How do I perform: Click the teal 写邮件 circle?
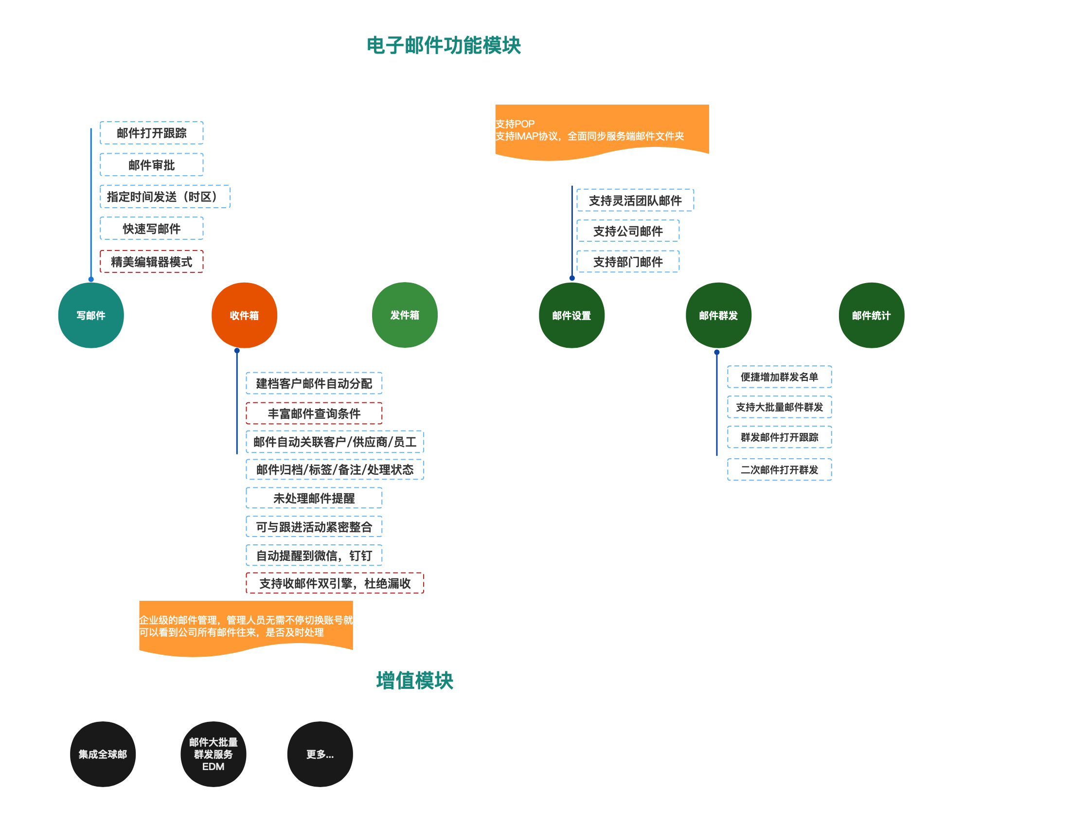(x=91, y=315)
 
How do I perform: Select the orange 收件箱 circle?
(x=244, y=315)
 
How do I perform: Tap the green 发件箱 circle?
(x=405, y=315)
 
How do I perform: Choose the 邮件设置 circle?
(x=571, y=315)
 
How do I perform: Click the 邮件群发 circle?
(x=718, y=315)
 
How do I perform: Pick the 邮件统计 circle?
(x=871, y=315)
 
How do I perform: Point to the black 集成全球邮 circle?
(x=103, y=754)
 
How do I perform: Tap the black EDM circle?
(x=214, y=754)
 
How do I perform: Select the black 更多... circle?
(x=320, y=754)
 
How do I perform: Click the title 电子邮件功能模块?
(x=444, y=45)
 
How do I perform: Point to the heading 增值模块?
(x=414, y=681)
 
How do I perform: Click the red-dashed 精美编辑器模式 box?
(x=151, y=262)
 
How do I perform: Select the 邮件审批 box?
(x=151, y=165)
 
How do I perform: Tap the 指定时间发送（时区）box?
(x=165, y=197)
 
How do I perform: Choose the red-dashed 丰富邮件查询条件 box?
(x=314, y=413)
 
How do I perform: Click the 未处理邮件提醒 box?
(x=314, y=498)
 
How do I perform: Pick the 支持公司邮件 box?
(x=628, y=231)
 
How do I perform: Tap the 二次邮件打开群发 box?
(x=779, y=469)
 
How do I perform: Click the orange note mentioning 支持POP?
(x=602, y=130)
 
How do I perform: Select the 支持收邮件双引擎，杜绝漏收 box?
(x=335, y=583)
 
